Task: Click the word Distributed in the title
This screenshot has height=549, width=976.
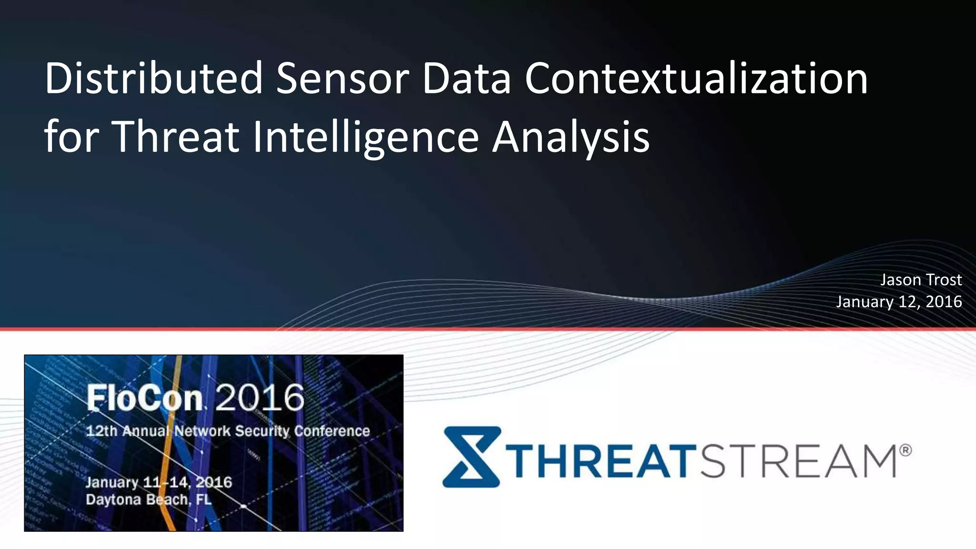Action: tap(153, 78)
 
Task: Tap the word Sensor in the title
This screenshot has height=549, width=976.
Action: tap(342, 78)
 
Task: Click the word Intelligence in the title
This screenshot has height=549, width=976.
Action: tap(365, 136)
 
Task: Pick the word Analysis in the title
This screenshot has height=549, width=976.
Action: tap(570, 136)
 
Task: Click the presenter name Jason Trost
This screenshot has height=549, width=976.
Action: tap(921, 280)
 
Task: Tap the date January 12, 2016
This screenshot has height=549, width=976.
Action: tap(899, 302)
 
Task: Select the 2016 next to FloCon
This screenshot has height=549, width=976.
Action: tap(260, 397)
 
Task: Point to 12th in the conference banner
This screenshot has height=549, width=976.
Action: tap(101, 431)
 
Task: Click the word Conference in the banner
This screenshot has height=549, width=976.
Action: tap(332, 431)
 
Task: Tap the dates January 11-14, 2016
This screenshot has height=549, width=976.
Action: tap(159, 482)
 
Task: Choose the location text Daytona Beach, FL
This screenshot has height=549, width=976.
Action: tap(148, 499)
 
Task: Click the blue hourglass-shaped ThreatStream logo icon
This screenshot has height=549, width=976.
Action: tap(471, 457)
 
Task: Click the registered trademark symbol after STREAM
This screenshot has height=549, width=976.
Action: tap(905, 450)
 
